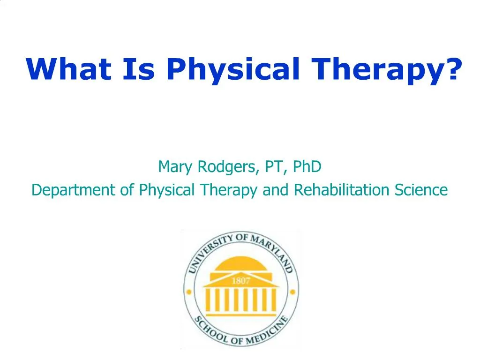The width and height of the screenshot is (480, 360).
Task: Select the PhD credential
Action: [x=307, y=166]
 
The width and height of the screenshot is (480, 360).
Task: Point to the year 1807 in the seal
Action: [x=240, y=281]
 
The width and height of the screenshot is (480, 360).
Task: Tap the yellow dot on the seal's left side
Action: [x=189, y=292]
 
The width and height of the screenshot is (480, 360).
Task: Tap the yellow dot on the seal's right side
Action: [x=292, y=292]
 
